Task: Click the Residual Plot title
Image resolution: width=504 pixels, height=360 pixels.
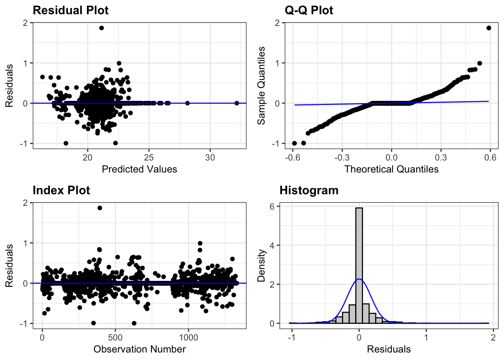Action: [x=70, y=10]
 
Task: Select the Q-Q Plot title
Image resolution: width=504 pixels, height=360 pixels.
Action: [x=309, y=10]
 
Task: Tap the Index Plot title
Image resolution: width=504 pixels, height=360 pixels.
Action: [x=61, y=190]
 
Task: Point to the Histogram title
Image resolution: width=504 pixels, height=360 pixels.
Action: [x=309, y=190]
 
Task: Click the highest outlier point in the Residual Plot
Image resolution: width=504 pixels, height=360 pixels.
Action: [x=101, y=28]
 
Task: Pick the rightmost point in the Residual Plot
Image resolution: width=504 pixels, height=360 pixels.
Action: [x=237, y=103]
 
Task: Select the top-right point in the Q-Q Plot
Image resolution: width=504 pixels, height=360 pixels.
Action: [x=489, y=28]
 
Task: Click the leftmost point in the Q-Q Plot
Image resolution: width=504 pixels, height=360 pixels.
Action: [x=294, y=143]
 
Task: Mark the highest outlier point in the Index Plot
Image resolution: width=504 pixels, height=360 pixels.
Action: [x=100, y=208]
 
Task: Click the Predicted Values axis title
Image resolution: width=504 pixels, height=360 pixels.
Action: [x=139, y=169]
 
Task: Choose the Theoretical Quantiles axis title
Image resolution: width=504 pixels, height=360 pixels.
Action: [x=391, y=169]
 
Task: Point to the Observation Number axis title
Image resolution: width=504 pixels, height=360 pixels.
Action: [x=139, y=349]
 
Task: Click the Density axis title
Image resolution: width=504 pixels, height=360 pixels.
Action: [x=261, y=265]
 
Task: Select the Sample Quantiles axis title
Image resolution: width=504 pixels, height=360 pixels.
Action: [x=261, y=85]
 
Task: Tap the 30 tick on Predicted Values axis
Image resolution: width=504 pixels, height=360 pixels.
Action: [x=210, y=157]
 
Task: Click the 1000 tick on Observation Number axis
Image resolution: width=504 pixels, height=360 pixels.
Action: [x=188, y=337]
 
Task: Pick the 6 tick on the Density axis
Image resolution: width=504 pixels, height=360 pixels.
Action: [x=272, y=206]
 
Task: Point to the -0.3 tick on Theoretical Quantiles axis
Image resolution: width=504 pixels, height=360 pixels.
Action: [x=342, y=157]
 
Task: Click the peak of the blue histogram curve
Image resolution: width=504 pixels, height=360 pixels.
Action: [x=359, y=279]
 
